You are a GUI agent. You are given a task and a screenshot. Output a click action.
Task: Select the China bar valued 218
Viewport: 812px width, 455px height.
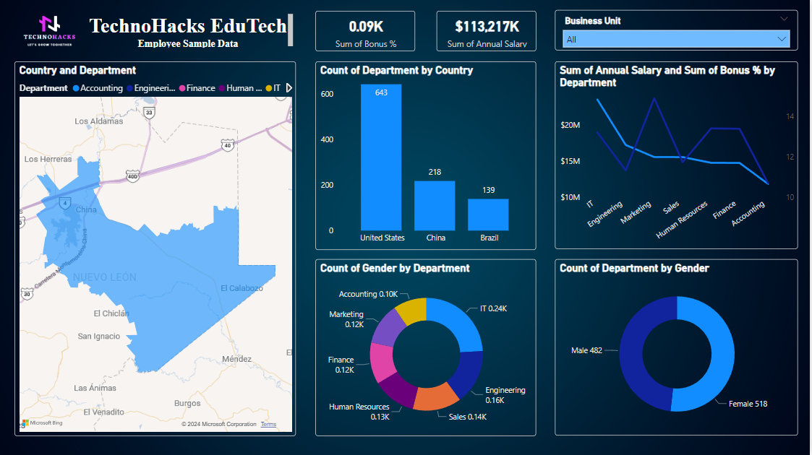coord(435,205)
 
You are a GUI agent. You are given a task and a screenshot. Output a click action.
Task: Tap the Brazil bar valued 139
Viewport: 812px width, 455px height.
coord(488,214)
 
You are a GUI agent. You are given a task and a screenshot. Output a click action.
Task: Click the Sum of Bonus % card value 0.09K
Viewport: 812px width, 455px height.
coord(366,27)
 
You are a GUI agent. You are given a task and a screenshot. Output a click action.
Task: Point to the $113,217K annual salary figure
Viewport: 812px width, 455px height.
coord(487,27)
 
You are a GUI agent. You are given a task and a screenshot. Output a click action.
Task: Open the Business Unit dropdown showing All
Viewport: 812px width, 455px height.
coord(676,39)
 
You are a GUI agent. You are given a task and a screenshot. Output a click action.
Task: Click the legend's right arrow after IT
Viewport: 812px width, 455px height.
coord(289,88)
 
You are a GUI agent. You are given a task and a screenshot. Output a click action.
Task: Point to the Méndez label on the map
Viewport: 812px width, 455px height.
coord(237,359)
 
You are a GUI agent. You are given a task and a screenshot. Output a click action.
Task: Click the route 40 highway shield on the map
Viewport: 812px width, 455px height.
coord(228,145)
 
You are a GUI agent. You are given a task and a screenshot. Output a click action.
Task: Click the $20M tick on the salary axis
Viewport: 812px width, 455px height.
coord(570,125)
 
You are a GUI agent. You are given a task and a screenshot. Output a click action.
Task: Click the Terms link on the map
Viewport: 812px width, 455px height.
coord(268,425)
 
